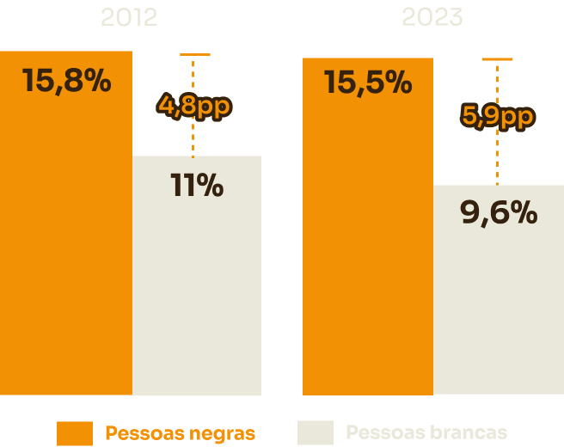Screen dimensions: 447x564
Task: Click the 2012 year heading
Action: point(130,17)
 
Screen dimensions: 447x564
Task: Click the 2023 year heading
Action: point(432,17)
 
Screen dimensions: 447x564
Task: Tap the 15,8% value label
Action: point(66,81)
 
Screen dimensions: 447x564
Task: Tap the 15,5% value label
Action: point(368,83)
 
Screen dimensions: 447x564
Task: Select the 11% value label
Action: point(197,186)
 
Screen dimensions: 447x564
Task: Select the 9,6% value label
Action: point(499,212)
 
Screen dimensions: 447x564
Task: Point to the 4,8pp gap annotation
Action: point(194,106)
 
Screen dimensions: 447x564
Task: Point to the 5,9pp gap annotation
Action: point(498,115)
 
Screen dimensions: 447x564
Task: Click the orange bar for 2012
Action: point(66,258)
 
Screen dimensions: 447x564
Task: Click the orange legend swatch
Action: point(75,433)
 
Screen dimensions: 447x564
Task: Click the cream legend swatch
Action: point(315,432)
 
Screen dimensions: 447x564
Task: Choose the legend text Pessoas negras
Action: point(180,433)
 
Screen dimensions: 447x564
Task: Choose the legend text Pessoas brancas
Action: point(426,432)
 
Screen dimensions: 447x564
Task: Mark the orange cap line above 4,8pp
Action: point(195,54)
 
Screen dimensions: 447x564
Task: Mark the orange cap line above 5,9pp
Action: point(497,59)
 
